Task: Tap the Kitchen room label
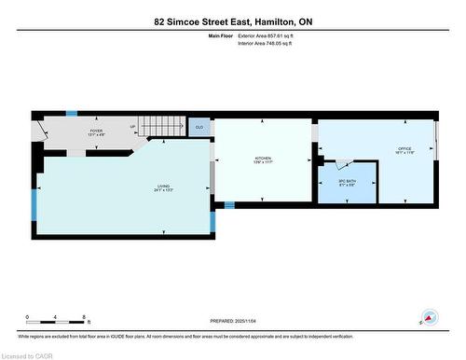tap(264, 159)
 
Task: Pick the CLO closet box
tap(199, 127)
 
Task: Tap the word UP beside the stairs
tap(132, 128)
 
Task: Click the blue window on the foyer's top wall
tap(72, 114)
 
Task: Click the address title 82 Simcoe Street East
tap(232, 21)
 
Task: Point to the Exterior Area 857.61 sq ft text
tap(272, 35)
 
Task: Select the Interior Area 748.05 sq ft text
tap(271, 44)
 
